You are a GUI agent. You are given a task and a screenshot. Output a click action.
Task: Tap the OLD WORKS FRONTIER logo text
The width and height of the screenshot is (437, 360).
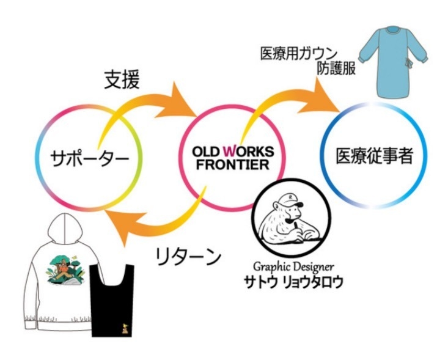[233, 158]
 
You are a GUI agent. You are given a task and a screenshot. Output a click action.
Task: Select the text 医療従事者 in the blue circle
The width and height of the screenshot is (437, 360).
[374, 155]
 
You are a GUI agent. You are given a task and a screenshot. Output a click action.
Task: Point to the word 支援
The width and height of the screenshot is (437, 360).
[122, 79]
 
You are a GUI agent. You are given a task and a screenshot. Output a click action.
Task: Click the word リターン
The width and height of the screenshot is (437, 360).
[188, 257]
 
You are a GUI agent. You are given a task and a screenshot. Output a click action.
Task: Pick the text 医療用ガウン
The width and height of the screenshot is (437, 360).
[299, 53]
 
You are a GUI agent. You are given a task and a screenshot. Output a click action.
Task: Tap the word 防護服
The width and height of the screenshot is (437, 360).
[336, 68]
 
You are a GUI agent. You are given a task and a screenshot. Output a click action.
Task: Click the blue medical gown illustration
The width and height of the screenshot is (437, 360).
[393, 62]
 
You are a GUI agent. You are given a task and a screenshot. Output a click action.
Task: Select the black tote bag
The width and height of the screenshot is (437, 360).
[112, 300]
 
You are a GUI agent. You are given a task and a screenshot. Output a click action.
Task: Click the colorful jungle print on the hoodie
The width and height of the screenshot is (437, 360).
[66, 270]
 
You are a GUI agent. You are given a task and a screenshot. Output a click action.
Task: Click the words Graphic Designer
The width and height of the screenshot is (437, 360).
[293, 266]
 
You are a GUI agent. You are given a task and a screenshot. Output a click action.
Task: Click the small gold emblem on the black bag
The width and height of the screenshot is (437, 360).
[125, 328]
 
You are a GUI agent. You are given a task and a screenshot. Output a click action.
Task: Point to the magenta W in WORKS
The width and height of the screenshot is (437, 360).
[230, 152]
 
